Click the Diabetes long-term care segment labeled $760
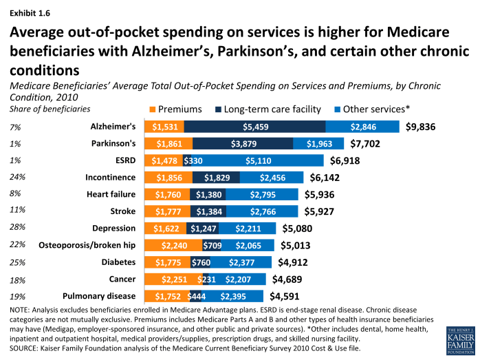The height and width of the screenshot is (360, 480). point(201,262)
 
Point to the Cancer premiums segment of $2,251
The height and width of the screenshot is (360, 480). point(173,279)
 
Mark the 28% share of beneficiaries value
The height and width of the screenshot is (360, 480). point(18,229)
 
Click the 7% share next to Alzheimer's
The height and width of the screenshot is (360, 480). point(16,127)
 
